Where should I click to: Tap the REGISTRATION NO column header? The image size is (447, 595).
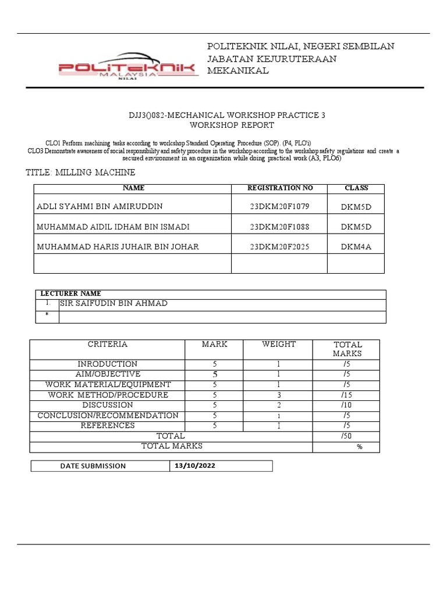(x=280, y=188)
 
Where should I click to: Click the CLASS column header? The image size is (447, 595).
(x=356, y=188)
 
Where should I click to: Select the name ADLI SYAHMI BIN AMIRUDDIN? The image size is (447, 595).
(x=100, y=206)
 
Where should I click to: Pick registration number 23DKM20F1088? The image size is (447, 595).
(x=280, y=226)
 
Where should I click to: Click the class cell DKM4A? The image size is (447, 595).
(x=356, y=246)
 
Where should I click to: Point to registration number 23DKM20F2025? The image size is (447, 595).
(x=280, y=246)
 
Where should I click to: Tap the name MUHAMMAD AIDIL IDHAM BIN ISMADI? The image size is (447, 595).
(x=113, y=226)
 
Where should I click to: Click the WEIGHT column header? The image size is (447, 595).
(x=279, y=345)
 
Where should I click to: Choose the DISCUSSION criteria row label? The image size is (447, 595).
(x=107, y=405)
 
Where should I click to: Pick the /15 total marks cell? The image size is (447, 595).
(x=346, y=395)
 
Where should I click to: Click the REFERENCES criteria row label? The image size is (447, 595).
(x=107, y=425)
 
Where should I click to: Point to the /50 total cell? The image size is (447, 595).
(x=346, y=436)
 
